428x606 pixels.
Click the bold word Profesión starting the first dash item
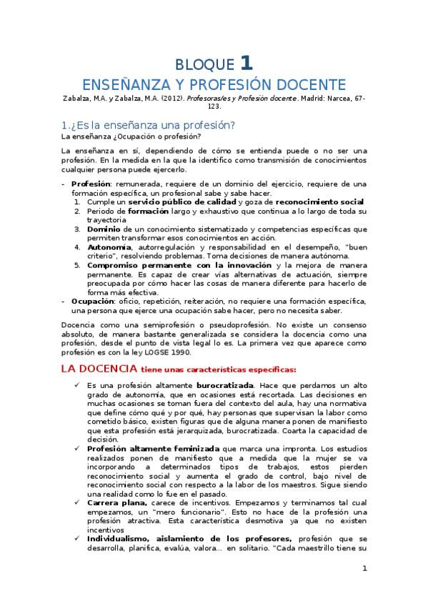pyautogui.click(x=90, y=184)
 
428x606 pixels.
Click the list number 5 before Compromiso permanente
pyautogui.click(x=77, y=265)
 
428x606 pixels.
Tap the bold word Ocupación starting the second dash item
pyautogui.click(x=93, y=302)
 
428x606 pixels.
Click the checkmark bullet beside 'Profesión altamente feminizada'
pyautogui.click(x=76, y=448)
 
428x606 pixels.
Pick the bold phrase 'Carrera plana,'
pyautogui.click(x=117, y=502)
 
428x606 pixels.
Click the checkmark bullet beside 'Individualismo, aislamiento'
pyautogui.click(x=76, y=539)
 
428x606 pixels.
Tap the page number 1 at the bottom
pyautogui.click(x=364, y=569)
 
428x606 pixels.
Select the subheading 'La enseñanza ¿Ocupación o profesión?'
pyautogui.click(x=131, y=136)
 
